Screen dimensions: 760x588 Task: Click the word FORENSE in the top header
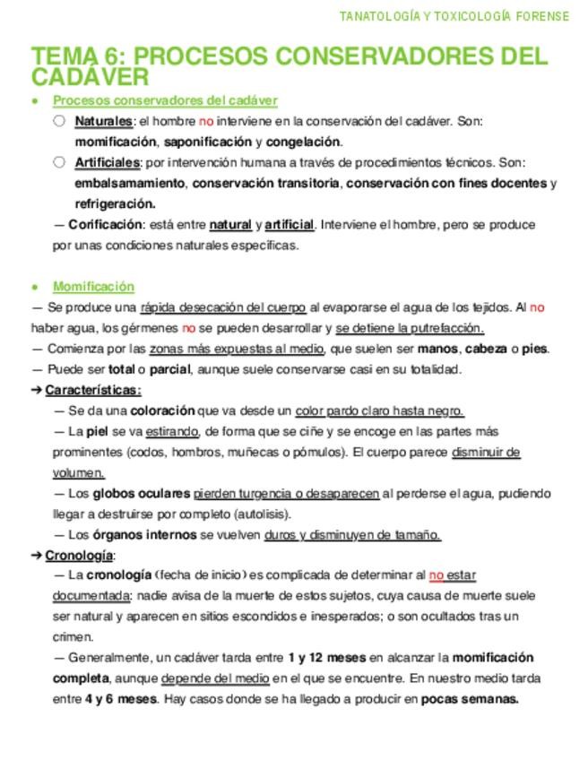click(541, 16)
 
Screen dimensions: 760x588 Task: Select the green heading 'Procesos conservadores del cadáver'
click(165, 100)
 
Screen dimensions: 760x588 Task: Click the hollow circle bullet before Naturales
click(59, 121)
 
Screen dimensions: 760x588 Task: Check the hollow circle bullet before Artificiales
click(59, 162)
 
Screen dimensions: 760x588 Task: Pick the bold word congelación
click(303, 142)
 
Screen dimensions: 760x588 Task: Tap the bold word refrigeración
click(116, 203)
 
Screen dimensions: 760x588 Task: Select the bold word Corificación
click(105, 225)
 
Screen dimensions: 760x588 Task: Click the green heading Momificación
click(93, 287)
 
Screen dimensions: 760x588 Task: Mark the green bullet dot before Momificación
click(34, 288)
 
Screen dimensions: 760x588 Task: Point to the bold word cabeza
click(486, 349)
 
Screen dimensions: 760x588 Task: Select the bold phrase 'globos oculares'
click(141, 494)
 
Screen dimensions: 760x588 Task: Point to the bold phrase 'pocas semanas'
click(470, 699)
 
